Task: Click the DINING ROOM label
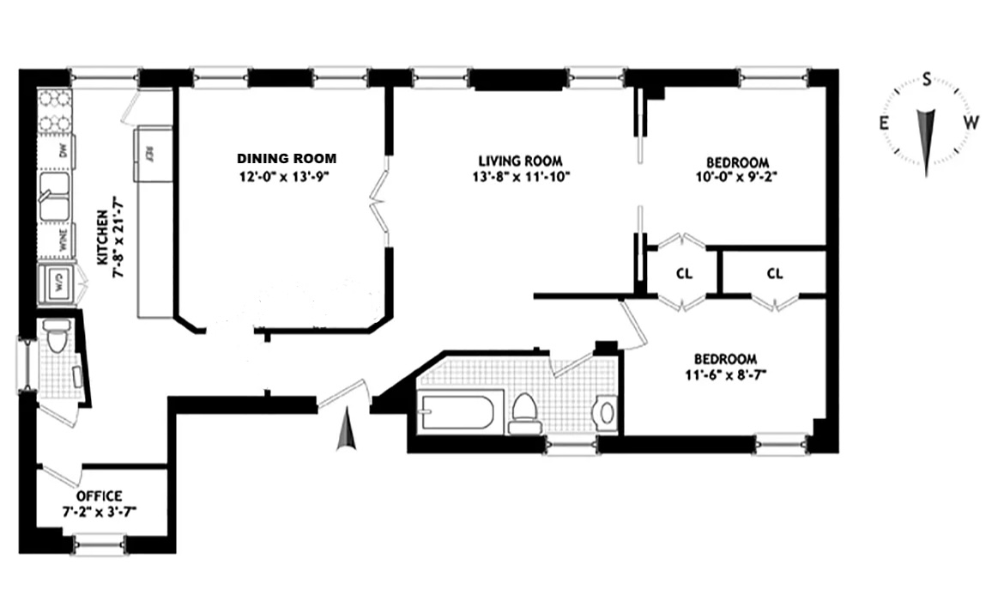click(287, 159)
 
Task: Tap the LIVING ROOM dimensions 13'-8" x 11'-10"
click(520, 177)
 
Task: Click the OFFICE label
click(99, 496)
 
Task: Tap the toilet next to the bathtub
click(523, 412)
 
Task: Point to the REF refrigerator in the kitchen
click(150, 155)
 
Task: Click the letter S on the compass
click(927, 81)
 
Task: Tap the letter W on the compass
click(970, 122)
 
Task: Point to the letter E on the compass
click(883, 123)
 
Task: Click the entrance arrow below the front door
click(346, 430)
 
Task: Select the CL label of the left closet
click(684, 274)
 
